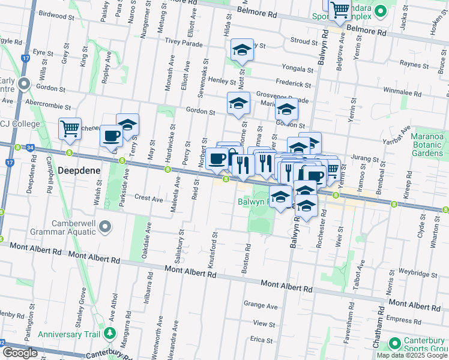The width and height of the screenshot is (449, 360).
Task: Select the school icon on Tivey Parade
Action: point(241,50)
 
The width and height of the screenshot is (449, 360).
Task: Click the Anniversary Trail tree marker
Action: point(109,333)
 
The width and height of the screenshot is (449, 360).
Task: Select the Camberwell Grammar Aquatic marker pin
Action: point(106,227)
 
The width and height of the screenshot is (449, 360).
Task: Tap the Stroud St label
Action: point(303,42)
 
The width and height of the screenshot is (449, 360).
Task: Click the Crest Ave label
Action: point(149,197)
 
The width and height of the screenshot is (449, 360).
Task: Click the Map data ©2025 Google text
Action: point(411,355)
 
